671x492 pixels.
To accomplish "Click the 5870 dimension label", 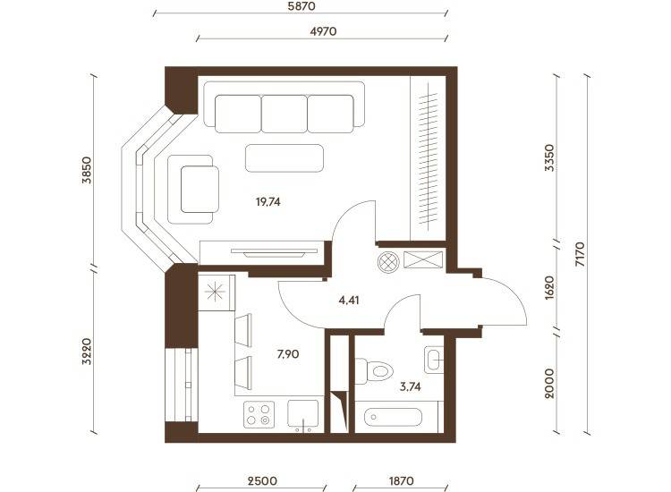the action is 301,6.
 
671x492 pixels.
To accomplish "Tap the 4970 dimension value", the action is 323,31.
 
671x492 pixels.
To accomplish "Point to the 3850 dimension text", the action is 87,170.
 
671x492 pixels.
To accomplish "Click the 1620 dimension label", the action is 550,287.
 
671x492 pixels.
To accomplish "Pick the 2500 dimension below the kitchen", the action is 262,481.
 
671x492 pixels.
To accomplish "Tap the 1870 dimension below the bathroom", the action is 402,481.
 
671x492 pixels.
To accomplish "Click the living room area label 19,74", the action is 268,201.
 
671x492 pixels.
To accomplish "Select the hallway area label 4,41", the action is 349,301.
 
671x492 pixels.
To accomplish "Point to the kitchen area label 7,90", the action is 288,354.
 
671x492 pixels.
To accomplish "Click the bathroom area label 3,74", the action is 411,387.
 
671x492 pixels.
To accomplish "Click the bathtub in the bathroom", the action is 393,417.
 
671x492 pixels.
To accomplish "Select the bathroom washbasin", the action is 434,359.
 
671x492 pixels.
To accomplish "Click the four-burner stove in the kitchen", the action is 259,414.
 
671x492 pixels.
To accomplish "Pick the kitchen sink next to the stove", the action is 303,414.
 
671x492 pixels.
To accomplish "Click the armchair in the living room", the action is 193,189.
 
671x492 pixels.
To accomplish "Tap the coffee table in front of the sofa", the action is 285,158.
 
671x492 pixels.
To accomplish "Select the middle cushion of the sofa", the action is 285,114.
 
